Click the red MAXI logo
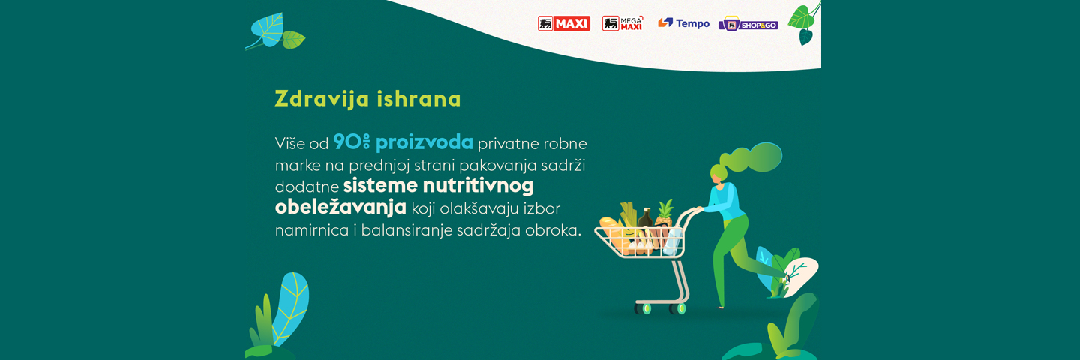click(564, 23)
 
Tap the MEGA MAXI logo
click(622, 23)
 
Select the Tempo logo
click(684, 23)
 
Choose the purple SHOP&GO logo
click(748, 24)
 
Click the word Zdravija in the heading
click(322, 99)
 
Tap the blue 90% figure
click(352, 142)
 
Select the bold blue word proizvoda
click(424, 143)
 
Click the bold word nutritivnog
click(478, 186)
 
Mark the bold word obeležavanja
click(340, 208)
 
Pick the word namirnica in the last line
click(312, 230)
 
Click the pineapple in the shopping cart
click(664, 214)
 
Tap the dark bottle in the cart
click(645, 219)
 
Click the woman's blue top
click(723, 201)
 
